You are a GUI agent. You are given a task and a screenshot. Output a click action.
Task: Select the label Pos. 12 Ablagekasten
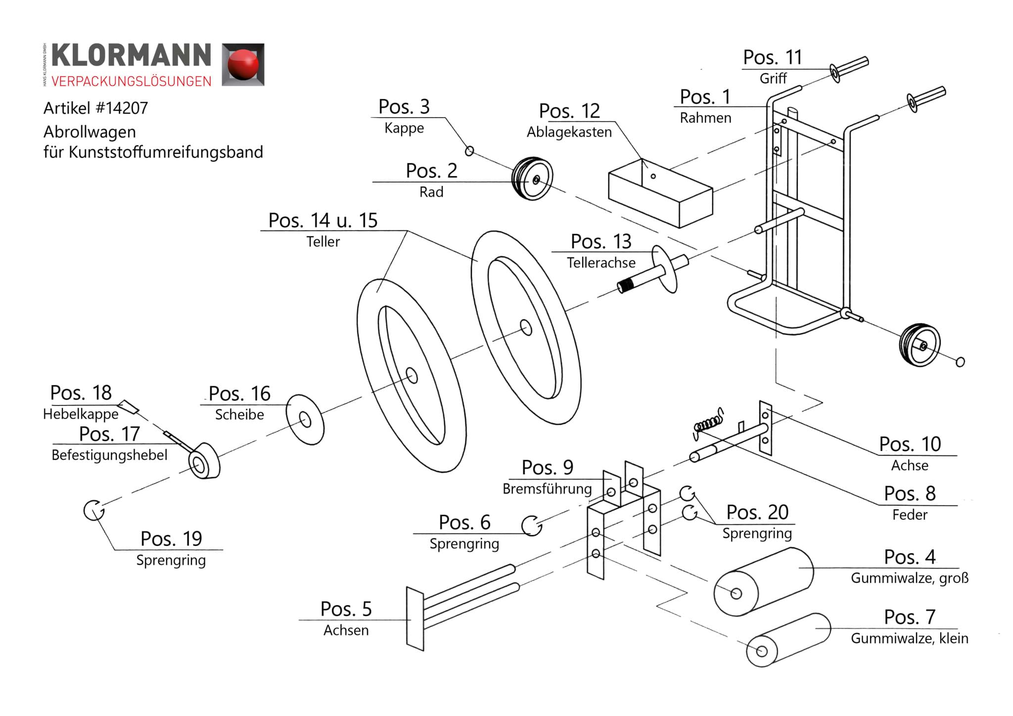click(569, 121)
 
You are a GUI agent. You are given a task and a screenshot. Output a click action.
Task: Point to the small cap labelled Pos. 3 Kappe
click(469, 151)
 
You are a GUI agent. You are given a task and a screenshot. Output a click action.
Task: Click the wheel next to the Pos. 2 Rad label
click(532, 179)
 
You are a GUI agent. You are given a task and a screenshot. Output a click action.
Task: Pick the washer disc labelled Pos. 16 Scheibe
click(305, 420)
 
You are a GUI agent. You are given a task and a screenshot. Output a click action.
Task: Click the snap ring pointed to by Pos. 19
click(93, 510)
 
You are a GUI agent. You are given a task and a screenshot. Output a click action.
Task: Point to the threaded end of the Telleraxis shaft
click(627, 285)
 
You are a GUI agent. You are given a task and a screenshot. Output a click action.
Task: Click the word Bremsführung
click(547, 489)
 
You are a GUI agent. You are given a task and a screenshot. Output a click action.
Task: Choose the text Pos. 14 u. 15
click(322, 221)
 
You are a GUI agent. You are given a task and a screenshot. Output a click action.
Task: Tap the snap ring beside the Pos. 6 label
click(531, 525)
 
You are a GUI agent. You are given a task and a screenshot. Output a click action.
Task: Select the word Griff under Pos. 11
click(773, 79)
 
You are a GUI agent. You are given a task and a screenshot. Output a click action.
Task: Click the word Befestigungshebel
click(109, 455)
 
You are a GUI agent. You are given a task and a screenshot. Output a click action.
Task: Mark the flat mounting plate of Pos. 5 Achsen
click(415, 619)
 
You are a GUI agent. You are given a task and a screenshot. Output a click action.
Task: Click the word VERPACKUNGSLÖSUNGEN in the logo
click(132, 82)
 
